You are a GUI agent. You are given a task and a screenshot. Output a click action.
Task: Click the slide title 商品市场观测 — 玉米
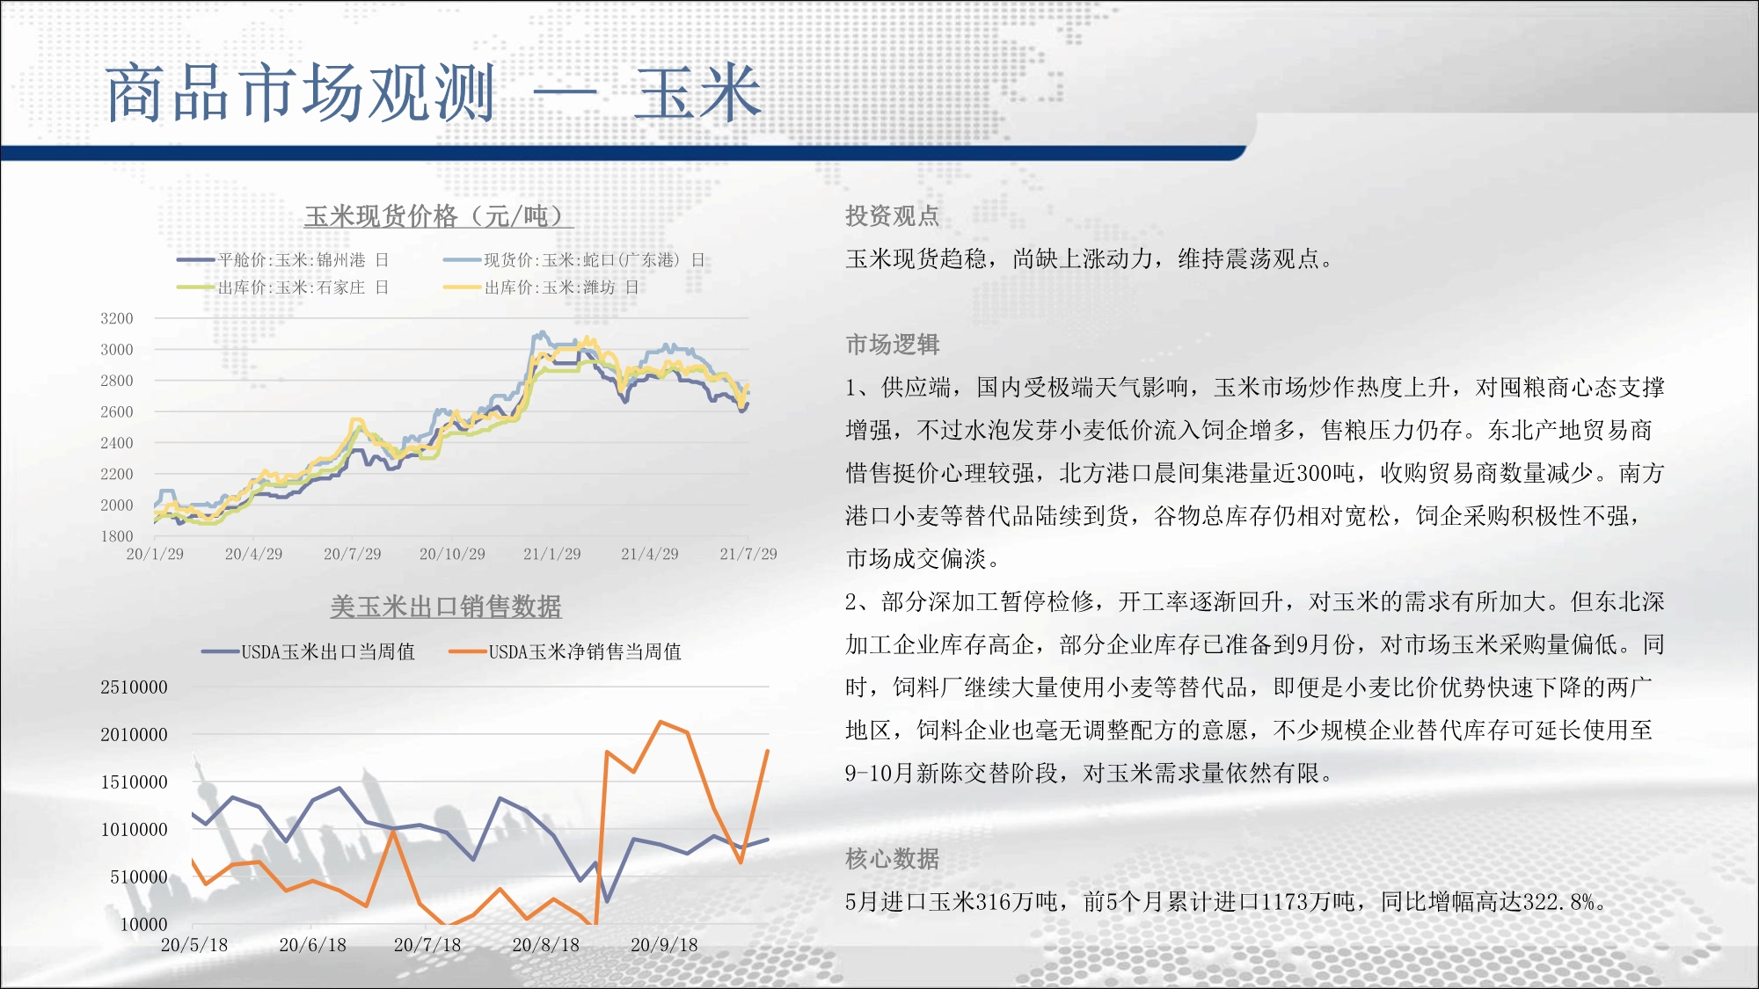[x=434, y=93]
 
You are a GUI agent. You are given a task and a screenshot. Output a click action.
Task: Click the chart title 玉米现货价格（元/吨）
[x=438, y=216]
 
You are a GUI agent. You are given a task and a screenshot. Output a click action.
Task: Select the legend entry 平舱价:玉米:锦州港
[x=282, y=260]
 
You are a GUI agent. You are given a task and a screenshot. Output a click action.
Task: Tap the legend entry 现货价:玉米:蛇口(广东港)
[x=573, y=260]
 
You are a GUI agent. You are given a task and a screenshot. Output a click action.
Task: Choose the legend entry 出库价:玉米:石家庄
[x=282, y=287]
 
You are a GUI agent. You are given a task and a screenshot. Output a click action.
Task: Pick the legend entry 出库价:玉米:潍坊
[x=541, y=287]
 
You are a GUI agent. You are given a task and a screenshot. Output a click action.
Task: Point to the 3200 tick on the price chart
[x=117, y=318]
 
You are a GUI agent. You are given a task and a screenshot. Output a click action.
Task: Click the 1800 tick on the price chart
[x=117, y=536]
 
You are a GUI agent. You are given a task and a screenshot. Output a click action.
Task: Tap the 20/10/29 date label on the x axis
[x=452, y=554]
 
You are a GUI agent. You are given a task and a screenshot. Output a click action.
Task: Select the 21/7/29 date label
[x=748, y=554]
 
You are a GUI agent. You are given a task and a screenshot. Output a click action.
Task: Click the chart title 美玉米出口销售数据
[x=446, y=607]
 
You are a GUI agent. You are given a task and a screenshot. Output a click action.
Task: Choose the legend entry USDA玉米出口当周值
[x=308, y=651]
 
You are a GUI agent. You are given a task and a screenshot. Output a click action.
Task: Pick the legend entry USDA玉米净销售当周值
[x=565, y=651]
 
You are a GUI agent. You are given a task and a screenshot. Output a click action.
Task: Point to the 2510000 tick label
[x=134, y=687]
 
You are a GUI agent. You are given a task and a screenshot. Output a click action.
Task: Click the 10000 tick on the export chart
[x=144, y=924]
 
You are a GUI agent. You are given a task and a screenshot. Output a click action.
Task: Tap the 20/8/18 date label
[x=546, y=945]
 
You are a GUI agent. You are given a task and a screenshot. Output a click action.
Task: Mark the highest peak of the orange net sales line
[x=661, y=722]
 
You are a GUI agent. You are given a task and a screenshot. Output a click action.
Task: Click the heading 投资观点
[x=893, y=216]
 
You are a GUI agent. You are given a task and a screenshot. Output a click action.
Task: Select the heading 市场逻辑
[x=893, y=345]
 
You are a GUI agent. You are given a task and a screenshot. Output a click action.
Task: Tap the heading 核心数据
[x=893, y=859]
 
